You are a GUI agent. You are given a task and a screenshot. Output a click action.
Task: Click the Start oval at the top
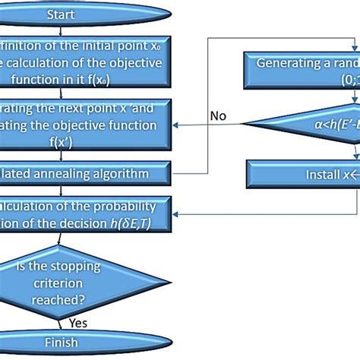(x=61, y=14)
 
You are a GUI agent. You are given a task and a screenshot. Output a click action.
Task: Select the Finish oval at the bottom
(x=61, y=343)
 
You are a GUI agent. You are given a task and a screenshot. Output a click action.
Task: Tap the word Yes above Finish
(x=79, y=321)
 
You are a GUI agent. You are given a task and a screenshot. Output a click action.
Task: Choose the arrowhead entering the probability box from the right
(x=176, y=214)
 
